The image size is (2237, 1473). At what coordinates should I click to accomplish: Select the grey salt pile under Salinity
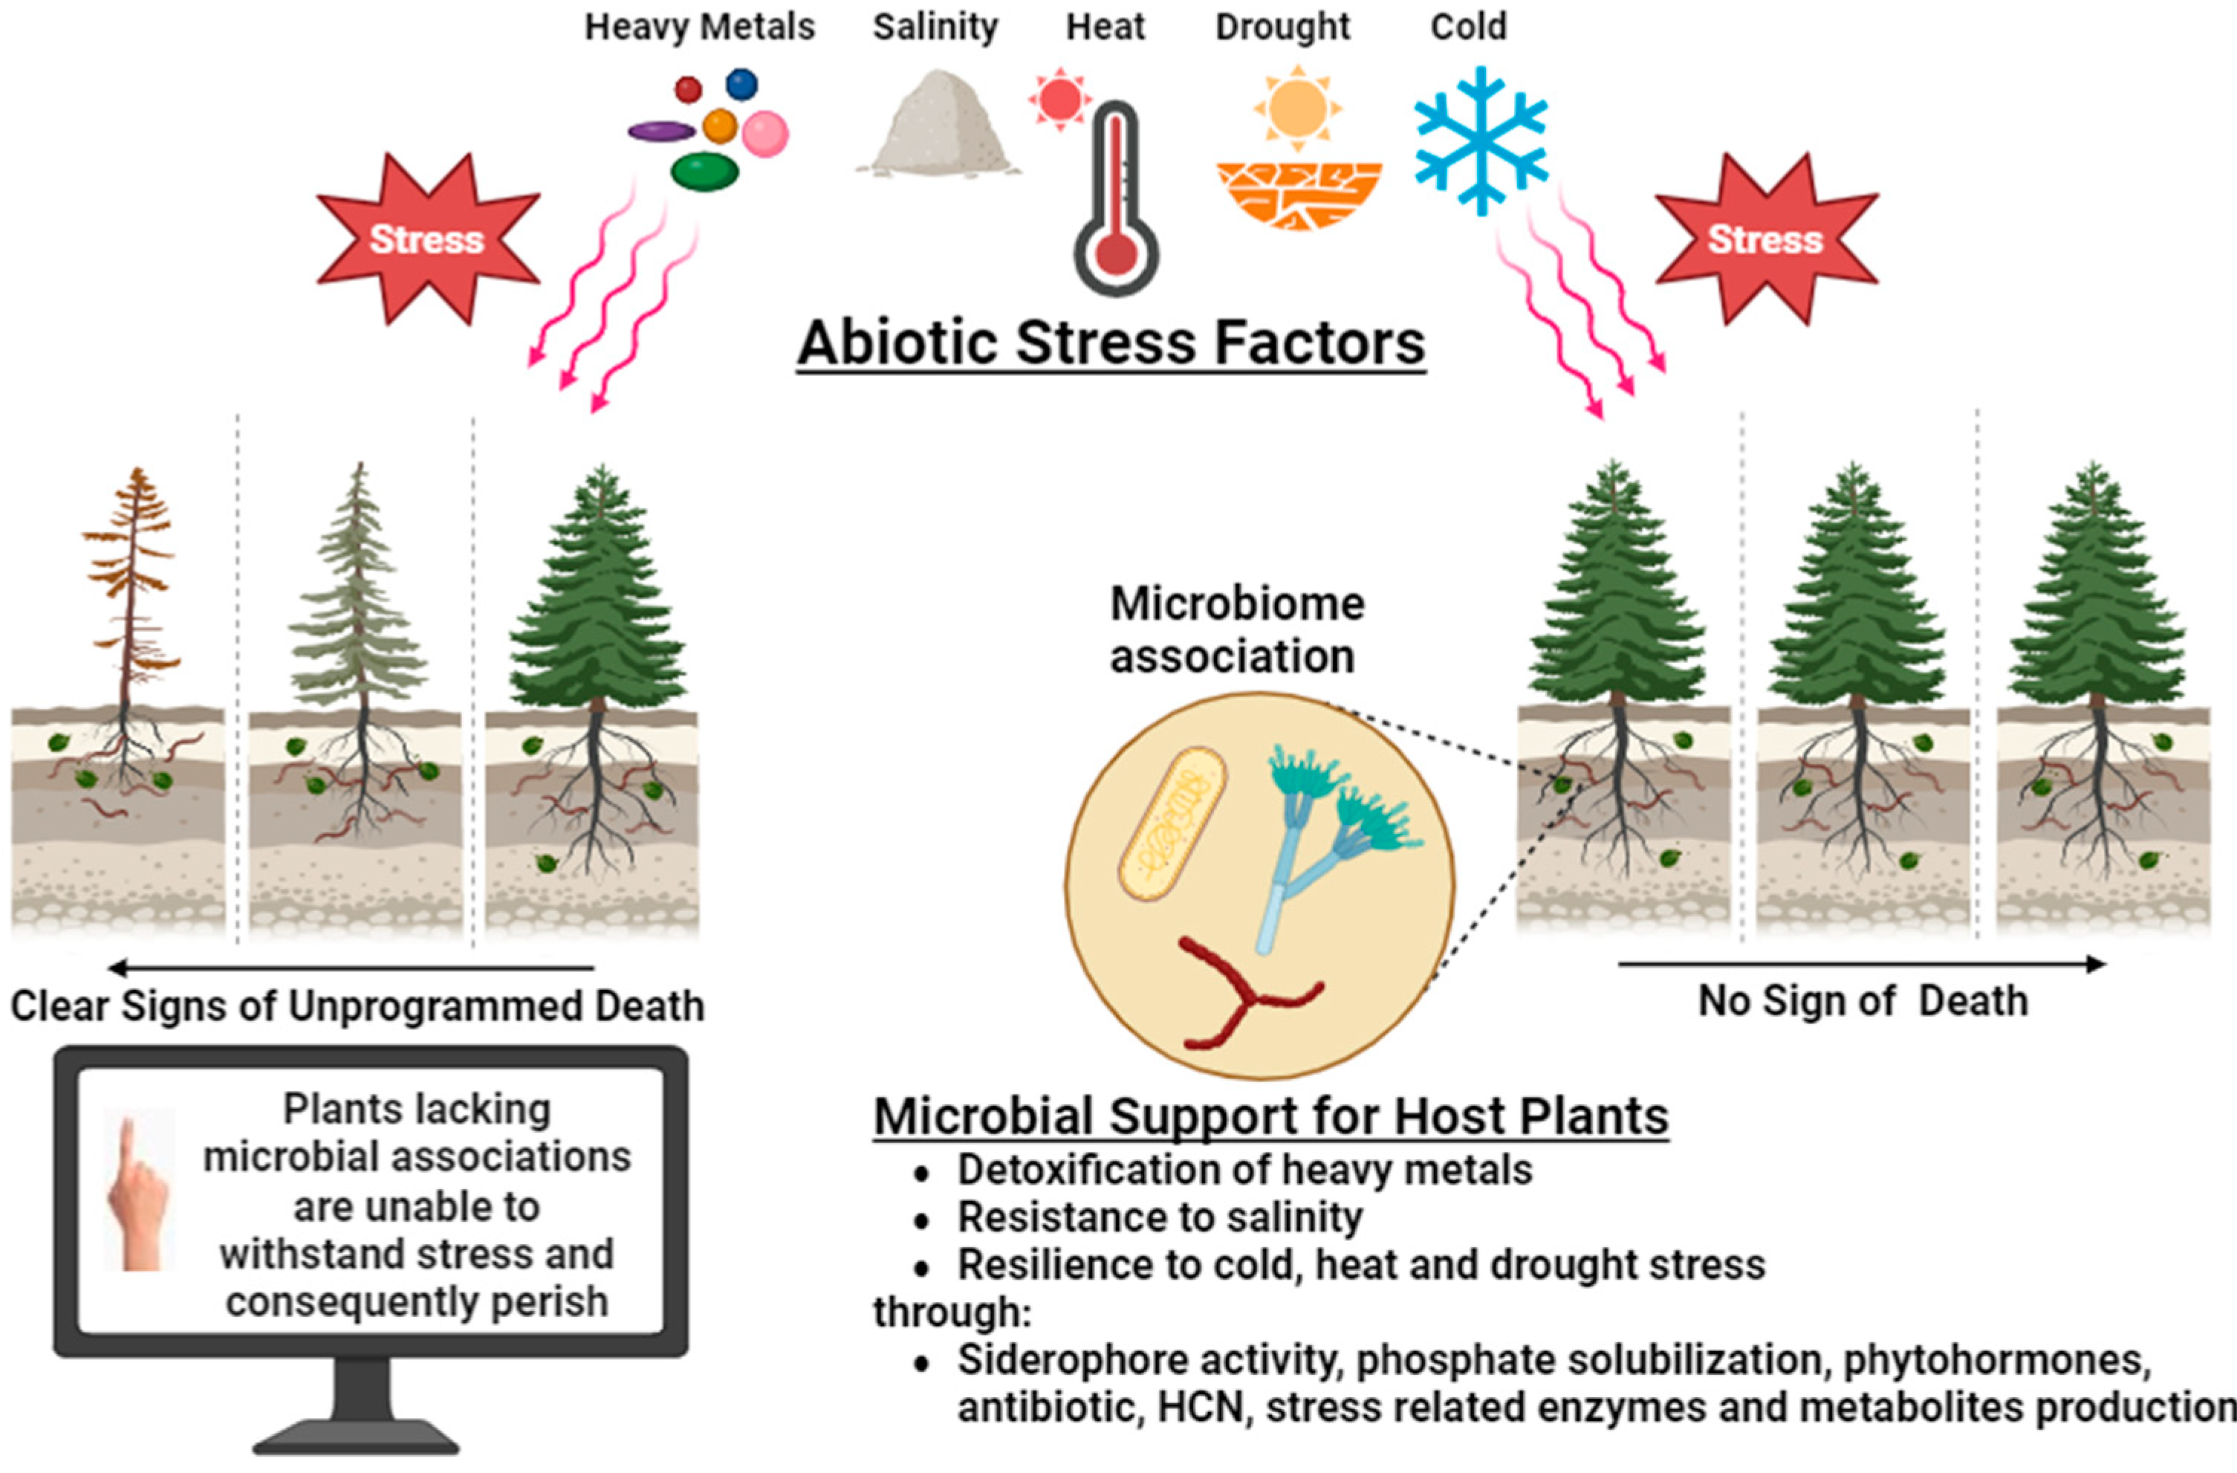pos(936,127)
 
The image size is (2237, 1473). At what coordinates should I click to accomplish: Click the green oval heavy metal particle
pos(704,172)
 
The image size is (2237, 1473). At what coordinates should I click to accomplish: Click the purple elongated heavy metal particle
pos(660,132)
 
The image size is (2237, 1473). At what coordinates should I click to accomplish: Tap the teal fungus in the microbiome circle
pos(1334,827)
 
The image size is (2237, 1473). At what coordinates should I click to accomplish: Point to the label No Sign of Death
pos(1862,1002)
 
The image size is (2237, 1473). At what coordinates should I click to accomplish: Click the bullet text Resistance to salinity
pos(1159,1217)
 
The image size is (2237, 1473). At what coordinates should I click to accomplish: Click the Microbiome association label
pos(1236,629)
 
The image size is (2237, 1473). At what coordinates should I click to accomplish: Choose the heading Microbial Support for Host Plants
pos(1270,1117)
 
